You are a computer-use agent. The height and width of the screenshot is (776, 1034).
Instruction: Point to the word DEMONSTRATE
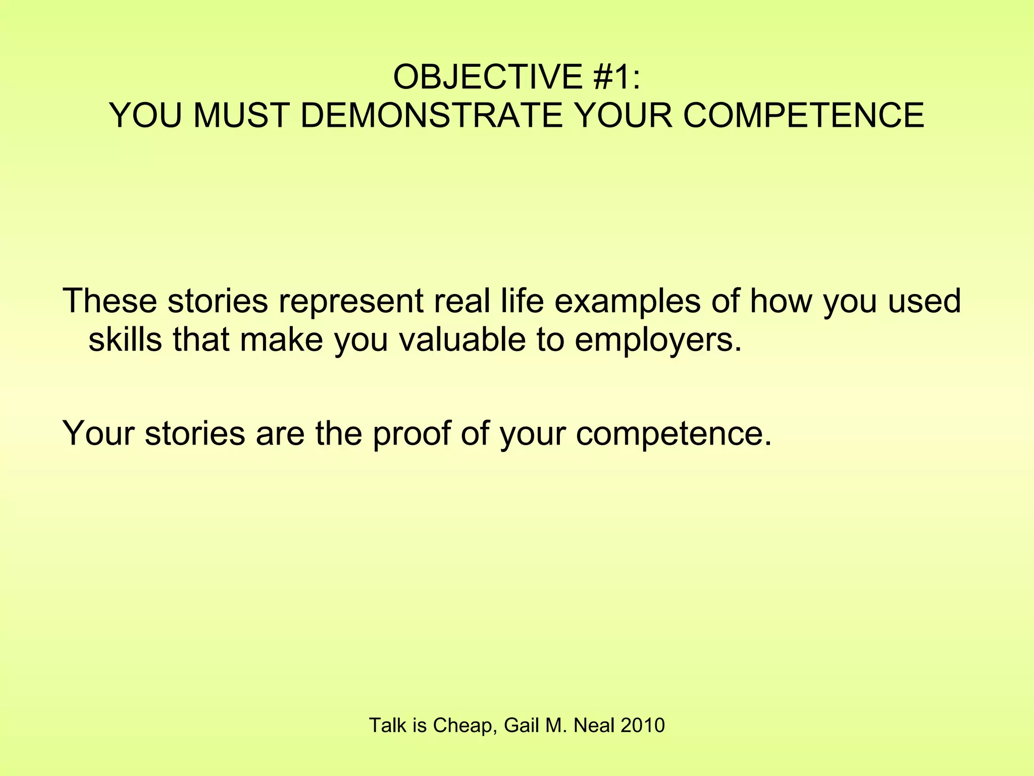click(431, 116)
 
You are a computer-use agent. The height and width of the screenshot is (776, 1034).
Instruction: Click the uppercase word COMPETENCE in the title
click(803, 116)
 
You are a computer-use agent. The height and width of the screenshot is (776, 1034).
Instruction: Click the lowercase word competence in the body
click(674, 434)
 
